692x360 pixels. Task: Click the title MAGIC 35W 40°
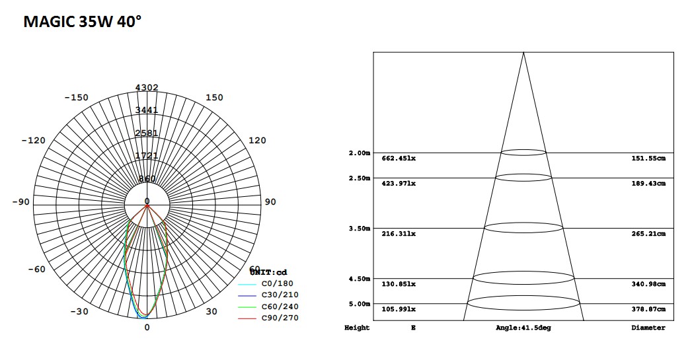click(x=82, y=22)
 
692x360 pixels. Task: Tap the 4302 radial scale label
click(x=147, y=87)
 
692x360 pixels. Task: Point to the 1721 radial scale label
click(x=147, y=156)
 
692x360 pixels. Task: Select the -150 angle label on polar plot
click(x=76, y=98)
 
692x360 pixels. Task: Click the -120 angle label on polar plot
click(x=33, y=141)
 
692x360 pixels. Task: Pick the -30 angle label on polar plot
click(x=80, y=312)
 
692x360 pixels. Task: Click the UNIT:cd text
click(x=268, y=272)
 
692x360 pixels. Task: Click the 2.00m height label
click(x=359, y=153)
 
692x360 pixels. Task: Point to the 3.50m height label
click(x=359, y=229)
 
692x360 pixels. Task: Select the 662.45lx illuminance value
click(x=399, y=159)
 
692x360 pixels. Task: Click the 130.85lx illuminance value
click(x=399, y=284)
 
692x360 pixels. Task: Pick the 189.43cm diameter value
click(x=648, y=184)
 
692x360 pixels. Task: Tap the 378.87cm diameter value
click(x=648, y=309)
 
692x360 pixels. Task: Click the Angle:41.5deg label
click(x=523, y=328)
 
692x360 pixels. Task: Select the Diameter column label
click(x=648, y=328)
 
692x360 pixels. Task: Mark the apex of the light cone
click(x=523, y=52)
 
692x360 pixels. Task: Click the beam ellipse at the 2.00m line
click(x=523, y=153)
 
